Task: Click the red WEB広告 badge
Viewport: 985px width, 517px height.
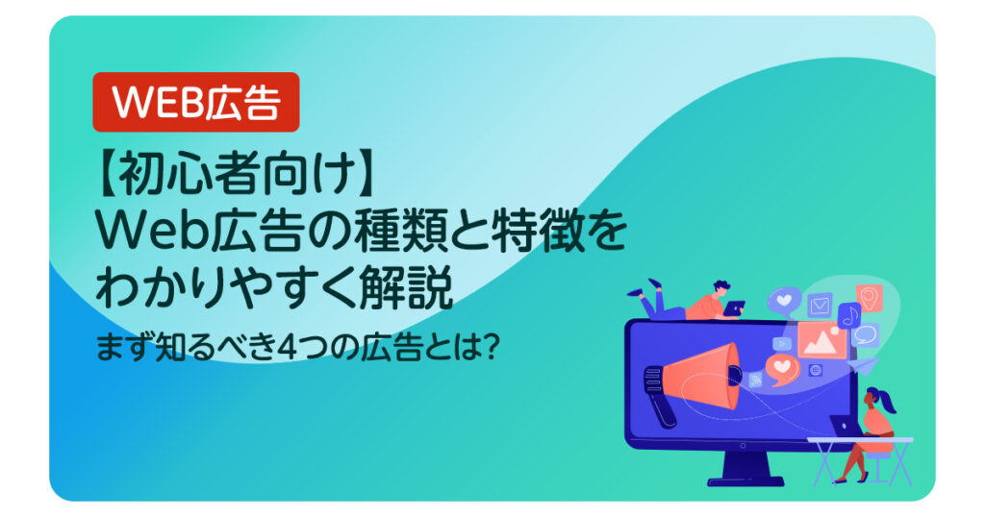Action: coord(196,102)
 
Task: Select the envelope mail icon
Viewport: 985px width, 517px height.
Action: coord(820,306)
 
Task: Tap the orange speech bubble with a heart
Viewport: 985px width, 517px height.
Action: coord(782,369)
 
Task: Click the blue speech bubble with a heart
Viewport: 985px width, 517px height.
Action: coord(784,301)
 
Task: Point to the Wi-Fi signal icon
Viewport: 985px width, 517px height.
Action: coord(755,380)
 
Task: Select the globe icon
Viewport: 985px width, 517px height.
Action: coord(817,370)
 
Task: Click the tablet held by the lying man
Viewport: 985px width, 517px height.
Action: coord(734,308)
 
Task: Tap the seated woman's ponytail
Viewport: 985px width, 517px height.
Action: coord(889,405)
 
